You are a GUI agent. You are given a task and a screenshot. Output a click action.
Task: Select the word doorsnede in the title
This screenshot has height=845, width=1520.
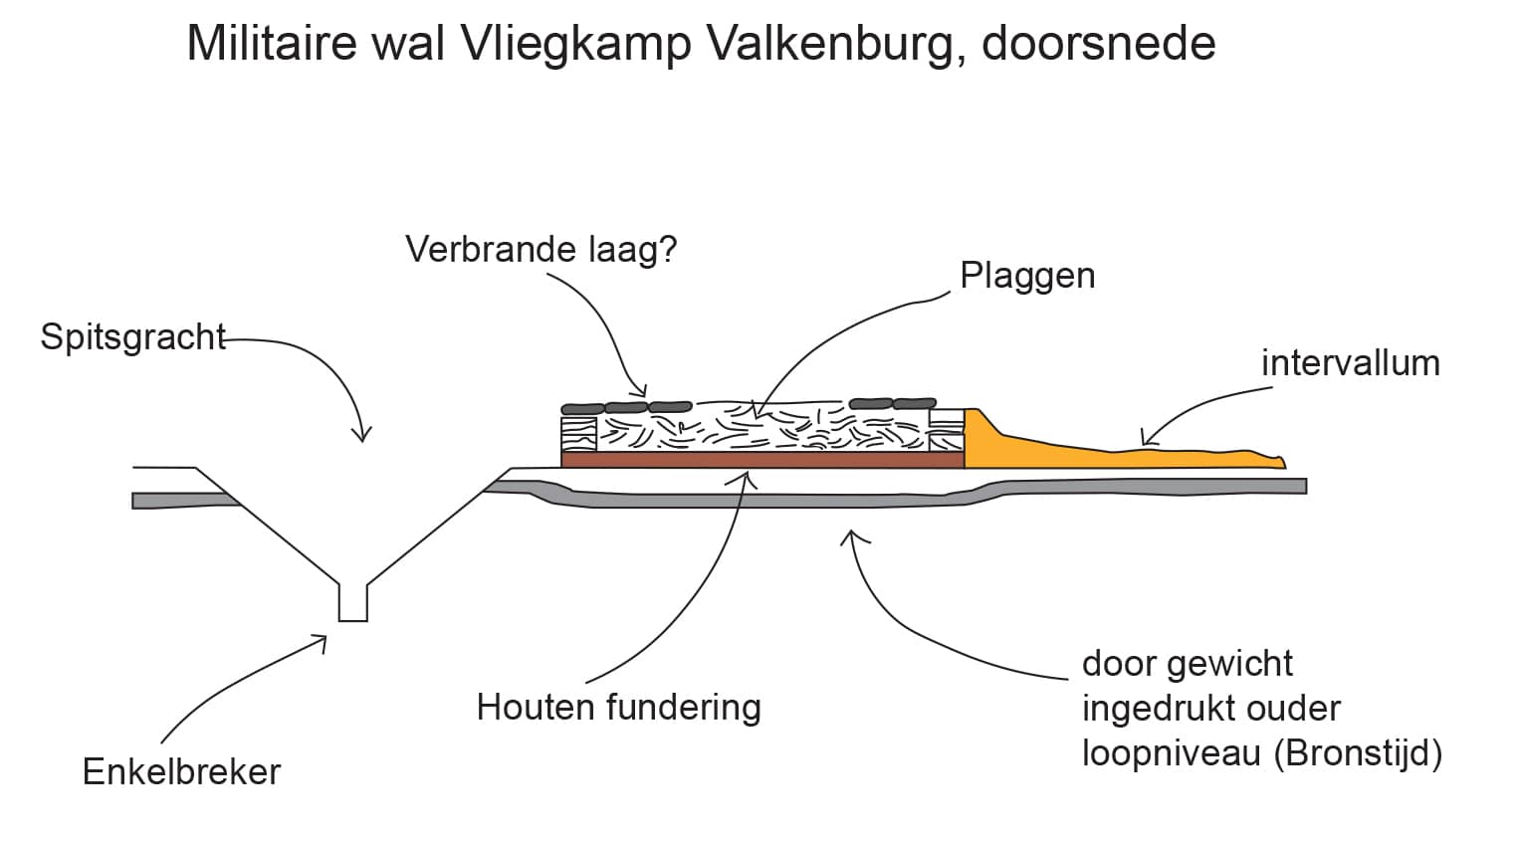tap(1099, 45)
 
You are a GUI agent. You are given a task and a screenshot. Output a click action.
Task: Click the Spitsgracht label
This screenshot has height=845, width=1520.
tap(133, 337)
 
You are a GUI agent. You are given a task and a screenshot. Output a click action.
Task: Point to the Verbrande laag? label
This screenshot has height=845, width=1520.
tap(541, 249)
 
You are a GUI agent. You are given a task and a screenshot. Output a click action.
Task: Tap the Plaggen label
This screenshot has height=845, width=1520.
tap(1027, 276)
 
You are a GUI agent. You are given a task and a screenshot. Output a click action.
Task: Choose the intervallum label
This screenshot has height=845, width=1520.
tap(1350, 363)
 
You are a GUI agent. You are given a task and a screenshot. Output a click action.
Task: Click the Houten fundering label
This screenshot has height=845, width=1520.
tap(618, 708)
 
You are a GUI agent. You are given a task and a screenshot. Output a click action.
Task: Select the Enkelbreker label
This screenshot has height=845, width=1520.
tap(181, 772)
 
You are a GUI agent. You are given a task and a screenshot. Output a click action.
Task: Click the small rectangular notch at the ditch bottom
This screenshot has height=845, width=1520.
tap(352, 603)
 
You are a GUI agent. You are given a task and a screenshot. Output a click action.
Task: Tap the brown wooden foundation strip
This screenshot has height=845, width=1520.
tap(762, 460)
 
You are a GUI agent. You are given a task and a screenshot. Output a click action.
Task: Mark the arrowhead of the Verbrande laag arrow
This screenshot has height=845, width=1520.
tap(642, 391)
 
